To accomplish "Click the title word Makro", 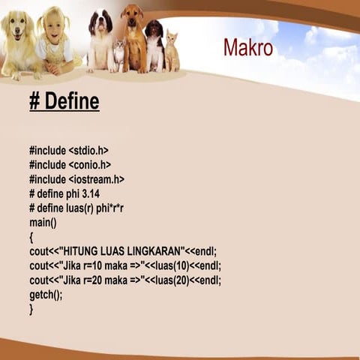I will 247,47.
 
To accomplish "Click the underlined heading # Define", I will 64,101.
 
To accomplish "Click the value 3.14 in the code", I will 87,193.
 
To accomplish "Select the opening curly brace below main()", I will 31,237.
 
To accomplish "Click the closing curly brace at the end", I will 31,308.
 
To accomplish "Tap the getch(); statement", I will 46,295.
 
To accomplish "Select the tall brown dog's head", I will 132,16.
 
